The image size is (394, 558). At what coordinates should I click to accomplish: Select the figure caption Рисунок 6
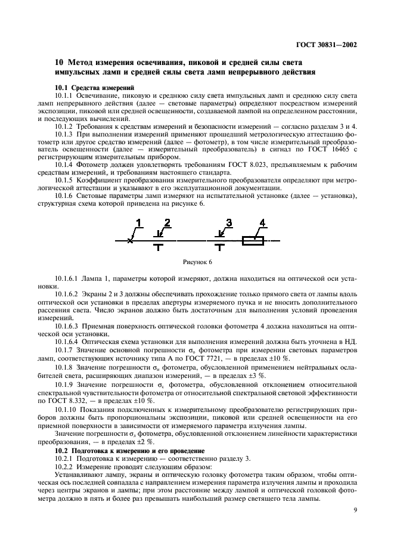(197, 262)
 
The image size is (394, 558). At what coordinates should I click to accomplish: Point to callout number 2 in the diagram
(167, 223)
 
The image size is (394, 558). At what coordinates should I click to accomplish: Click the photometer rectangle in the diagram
(253, 240)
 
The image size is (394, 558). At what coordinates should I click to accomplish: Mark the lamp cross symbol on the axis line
(130, 240)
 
